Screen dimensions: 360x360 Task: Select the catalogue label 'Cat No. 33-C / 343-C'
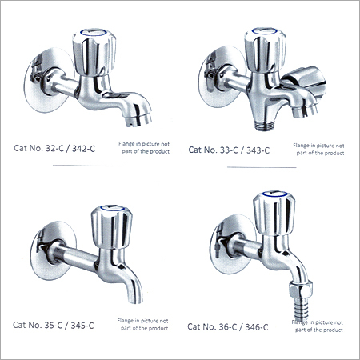coord(229,149)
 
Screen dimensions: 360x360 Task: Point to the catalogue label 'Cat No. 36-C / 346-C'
coord(228,326)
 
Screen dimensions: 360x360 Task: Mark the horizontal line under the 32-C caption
coord(86,166)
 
